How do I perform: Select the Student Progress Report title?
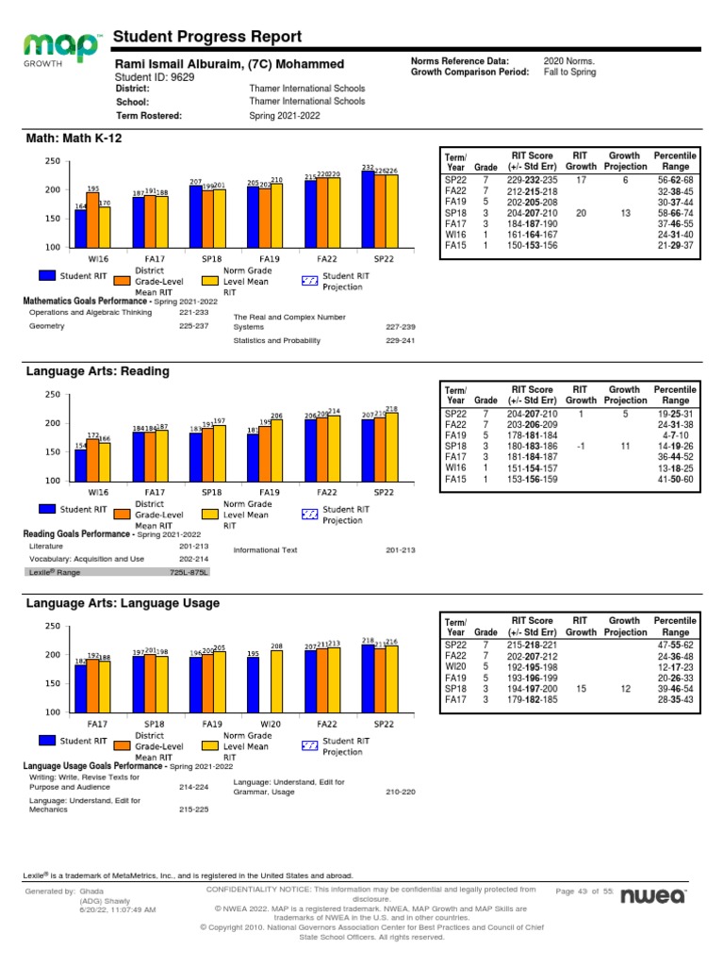(x=207, y=37)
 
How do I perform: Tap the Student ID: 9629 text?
(x=154, y=77)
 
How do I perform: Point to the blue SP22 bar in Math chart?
(x=367, y=209)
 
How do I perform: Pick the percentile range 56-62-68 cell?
(x=676, y=179)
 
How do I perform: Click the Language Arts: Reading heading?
(x=97, y=371)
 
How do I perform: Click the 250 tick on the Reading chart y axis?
(x=52, y=395)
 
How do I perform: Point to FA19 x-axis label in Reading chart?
(x=270, y=492)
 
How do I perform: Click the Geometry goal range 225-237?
(x=193, y=327)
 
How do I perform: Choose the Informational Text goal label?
(x=265, y=550)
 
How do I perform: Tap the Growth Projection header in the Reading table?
(x=624, y=395)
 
